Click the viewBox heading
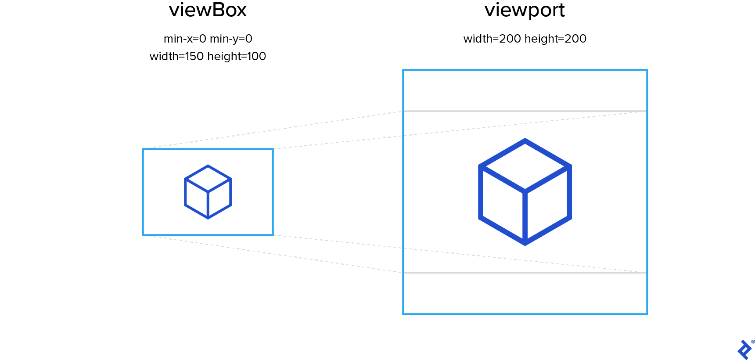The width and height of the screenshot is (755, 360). (x=208, y=10)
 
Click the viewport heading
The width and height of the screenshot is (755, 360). (x=525, y=10)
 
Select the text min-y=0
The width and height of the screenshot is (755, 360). (x=231, y=39)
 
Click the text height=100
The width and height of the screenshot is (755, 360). (x=237, y=57)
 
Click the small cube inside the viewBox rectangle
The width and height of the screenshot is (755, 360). (x=208, y=192)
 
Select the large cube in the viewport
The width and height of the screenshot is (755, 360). (x=525, y=192)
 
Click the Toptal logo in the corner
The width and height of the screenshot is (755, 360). (x=744, y=350)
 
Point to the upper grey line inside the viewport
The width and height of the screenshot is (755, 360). (x=525, y=111)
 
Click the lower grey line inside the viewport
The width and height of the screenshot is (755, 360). (x=525, y=273)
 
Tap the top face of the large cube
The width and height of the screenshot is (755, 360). (x=525, y=166)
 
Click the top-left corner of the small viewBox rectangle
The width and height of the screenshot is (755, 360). (x=143, y=149)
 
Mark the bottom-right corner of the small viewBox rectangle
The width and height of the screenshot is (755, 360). (x=273, y=234)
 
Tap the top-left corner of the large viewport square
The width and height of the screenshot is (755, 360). (x=403, y=70)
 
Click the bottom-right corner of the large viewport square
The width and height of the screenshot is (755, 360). (x=647, y=313)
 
